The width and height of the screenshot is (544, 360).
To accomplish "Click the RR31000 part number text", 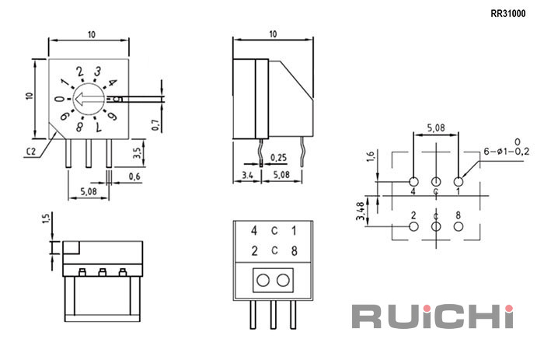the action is coord(508,13).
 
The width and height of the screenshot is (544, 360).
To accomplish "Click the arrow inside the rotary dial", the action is coord(89,99).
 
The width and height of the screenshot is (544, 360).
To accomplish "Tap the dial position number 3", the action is coord(98,72).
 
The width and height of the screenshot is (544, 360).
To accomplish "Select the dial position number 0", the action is coord(60,100).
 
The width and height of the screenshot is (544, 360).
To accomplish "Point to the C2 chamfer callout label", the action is coord(31,152).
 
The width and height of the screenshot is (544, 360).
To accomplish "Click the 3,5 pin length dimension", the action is coord(137,152).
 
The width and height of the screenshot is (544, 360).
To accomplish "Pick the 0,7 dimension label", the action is coord(155,125).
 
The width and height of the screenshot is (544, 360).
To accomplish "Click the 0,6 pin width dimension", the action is coord(134,177).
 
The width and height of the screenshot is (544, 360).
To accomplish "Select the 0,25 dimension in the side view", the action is coord(278,158).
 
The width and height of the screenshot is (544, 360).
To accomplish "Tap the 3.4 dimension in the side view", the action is coord(247,175).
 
